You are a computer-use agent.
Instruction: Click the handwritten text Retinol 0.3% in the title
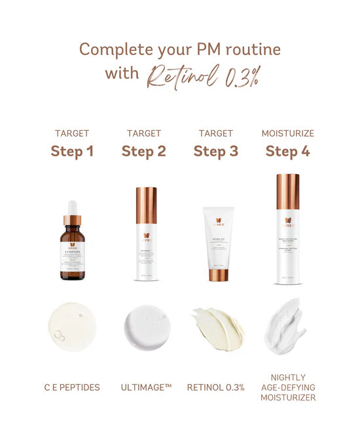202,75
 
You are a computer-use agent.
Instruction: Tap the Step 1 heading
72,152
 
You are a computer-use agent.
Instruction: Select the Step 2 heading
144,152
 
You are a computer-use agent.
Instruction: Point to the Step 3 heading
215,152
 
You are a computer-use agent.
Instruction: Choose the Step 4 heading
287,152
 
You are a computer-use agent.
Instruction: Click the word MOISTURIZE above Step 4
287,133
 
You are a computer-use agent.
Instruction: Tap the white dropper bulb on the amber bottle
72,206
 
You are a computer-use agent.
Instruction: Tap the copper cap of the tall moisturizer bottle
287,191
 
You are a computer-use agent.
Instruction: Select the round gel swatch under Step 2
144,326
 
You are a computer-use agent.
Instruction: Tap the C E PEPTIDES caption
72,387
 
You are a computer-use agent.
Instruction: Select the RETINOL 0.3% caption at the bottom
215,387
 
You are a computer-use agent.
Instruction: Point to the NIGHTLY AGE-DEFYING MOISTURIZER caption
287,387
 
